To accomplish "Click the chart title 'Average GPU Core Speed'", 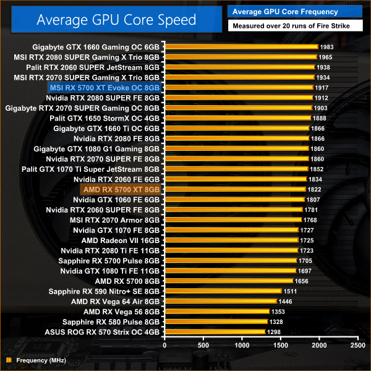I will click(116, 19).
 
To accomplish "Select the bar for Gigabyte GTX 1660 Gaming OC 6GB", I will click(241, 47).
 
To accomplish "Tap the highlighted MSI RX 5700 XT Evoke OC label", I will click(104, 88).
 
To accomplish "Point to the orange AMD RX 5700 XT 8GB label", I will click(121, 189).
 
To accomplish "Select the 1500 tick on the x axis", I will click(280, 345).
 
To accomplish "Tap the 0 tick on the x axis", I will click(164, 345).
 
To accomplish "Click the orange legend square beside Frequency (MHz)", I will click(8, 360).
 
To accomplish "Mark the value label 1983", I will click(327, 47).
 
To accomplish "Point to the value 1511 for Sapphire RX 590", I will click(290, 291).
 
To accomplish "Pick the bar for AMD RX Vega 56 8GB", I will click(217, 312).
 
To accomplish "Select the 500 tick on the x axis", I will click(203, 345).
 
